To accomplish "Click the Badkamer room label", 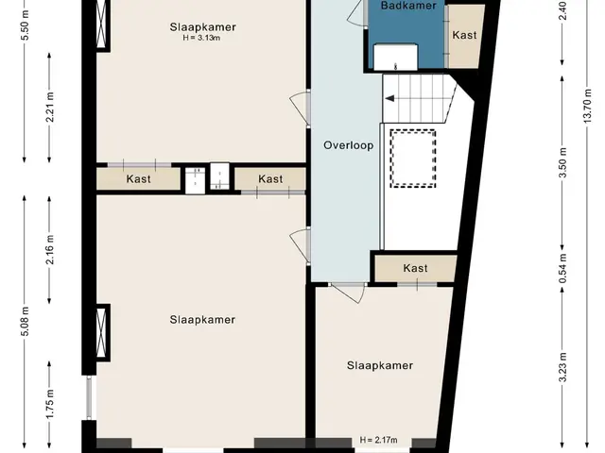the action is click(408, 6).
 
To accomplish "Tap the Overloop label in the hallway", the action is click(349, 145).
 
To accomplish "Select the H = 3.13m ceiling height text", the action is click(201, 38).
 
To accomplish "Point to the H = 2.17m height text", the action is click(378, 440).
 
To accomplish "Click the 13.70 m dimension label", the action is click(587, 107).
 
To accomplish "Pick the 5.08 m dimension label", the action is click(26, 321).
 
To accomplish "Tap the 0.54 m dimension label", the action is click(562, 268).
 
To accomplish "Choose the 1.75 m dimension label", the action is click(50, 404).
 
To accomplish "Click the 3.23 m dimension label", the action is click(562, 367).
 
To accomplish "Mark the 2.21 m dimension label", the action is click(50, 107).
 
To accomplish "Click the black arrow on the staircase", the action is click(389, 98).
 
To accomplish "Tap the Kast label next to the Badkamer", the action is click(464, 35).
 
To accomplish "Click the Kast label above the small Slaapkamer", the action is click(415, 268).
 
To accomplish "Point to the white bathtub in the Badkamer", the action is click(395, 57).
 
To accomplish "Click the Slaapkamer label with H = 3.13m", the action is click(202, 27).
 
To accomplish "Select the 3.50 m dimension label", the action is click(562, 162).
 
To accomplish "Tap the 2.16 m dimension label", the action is click(50, 249).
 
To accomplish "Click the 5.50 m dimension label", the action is click(26, 25).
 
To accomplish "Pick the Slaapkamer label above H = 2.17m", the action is click(380, 365).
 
